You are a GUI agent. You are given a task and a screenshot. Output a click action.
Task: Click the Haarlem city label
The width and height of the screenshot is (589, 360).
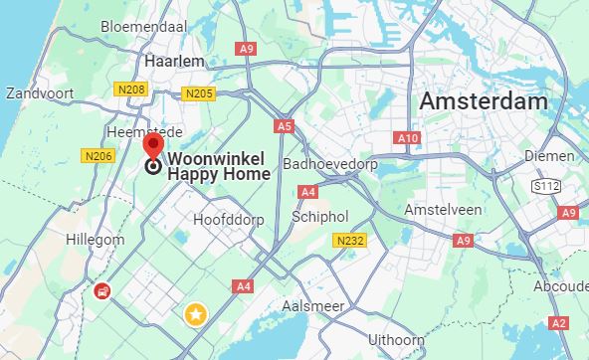pos(174,61)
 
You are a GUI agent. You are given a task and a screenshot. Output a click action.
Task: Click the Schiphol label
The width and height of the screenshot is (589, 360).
pos(319,216)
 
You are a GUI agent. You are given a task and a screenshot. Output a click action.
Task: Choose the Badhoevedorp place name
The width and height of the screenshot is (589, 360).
pos(329,163)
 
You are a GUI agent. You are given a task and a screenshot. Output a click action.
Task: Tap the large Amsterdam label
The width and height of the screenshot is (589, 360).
pos(484,101)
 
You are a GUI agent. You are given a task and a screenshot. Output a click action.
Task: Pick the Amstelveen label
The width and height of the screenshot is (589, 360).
pos(443,210)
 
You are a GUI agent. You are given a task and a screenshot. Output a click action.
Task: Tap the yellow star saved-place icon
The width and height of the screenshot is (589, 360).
pos(196,315)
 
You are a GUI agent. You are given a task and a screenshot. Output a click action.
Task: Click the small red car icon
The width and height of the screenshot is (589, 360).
pos(101,291)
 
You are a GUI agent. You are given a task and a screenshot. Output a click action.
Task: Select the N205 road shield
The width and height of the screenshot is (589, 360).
pos(199,93)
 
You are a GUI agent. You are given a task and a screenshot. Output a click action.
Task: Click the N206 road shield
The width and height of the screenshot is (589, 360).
pos(96,155)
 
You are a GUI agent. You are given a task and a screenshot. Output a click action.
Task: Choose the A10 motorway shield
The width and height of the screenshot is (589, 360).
pos(407,138)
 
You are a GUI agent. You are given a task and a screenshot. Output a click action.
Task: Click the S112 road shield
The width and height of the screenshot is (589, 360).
pos(544,185)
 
